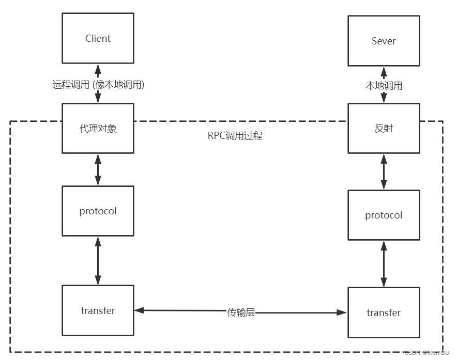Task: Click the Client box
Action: click(x=98, y=38)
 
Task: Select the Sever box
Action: click(x=383, y=41)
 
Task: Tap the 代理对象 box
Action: click(x=98, y=128)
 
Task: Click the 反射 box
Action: click(x=383, y=128)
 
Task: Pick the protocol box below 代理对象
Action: click(x=98, y=211)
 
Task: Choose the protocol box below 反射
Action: click(x=383, y=215)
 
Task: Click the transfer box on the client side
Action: click(x=98, y=310)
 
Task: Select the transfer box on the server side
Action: click(x=383, y=312)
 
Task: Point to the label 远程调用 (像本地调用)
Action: click(x=98, y=85)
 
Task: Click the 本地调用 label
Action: click(x=384, y=86)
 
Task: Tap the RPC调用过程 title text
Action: click(x=235, y=136)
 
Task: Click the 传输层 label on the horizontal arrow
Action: click(x=241, y=312)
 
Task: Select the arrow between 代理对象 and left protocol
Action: click(x=98, y=169)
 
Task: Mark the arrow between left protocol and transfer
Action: click(x=98, y=260)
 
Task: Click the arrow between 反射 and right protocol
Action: click(x=383, y=171)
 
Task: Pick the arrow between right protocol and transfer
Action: click(x=383, y=263)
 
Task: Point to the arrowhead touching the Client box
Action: click(x=98, y=68)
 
